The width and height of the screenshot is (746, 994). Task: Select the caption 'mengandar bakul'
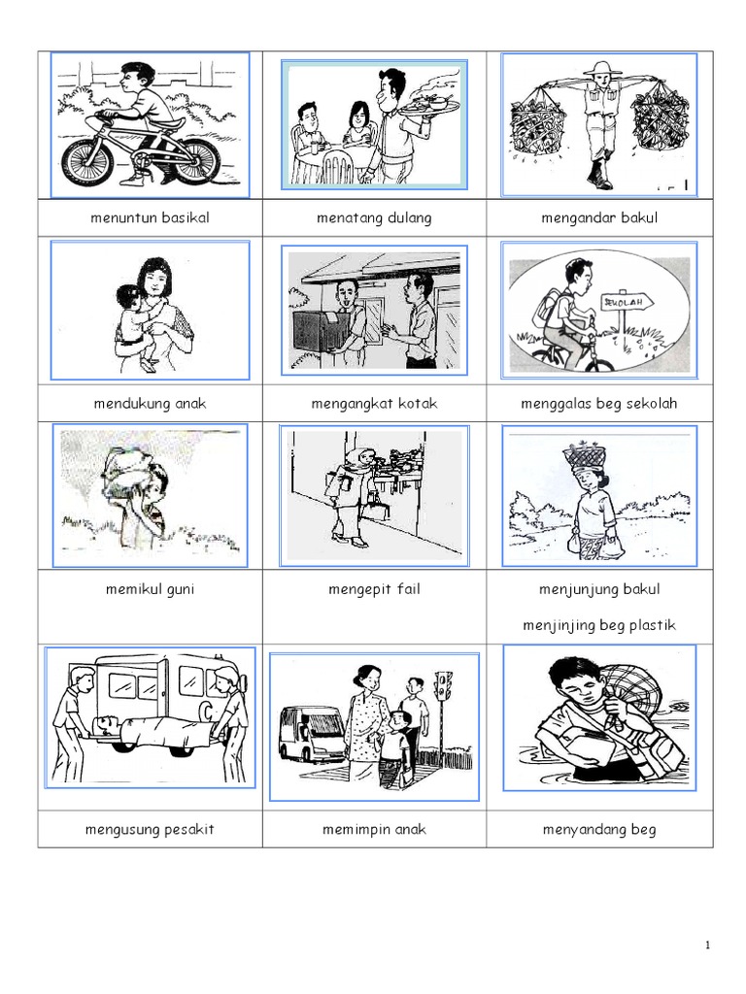[x=599, y=218]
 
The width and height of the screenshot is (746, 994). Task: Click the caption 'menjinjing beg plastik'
[x=599, y=626]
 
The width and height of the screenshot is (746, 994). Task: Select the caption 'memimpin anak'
[x=374, y=829]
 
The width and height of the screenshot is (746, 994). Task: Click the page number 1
[x=707, y=945]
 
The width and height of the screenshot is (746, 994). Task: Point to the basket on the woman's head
[x=584, y=453]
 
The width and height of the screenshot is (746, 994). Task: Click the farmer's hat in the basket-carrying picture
[x=599, y=69]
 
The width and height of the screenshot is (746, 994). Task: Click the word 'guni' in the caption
[x=181, y=590]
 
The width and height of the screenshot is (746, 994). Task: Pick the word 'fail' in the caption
[x=409, y=589]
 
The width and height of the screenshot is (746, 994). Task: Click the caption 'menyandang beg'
[x=599, y=830]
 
